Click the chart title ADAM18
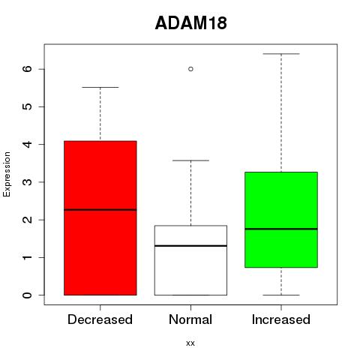pyautogui.click(x=191, y=23)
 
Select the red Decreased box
pyautogui.click(x=100, y=218)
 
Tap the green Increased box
pyautogui.click(x=281, y=220)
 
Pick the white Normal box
pyautogui.click(x=190, y=260)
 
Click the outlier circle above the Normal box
pyautogui.click(x=190, y=69)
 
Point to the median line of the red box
pyautogui.click(x=100, y=210)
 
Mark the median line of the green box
pyautogui.click(x=281, y=229)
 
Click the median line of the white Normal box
pyautogui.click(x=190, y=246)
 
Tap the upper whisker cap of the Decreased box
pyautogui.click(x=100, y=87)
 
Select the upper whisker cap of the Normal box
pyautogui.click(x=190, y=160)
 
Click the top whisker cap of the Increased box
pyautogui.click(x=281, y=54)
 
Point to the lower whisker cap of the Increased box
pyautogui.click(x=281, y=295)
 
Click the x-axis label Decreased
pyautogui.click(x=100, y=319)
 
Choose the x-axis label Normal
pyautogui.click(x=190, y=319)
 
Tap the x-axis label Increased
pyautogui.click(x=281, y=319)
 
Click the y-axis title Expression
pyautogui.click(x=7, y=174)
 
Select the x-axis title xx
pyautogui.click(x=190, y=343)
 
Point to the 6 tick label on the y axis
pyautogui.click(x=28, y=69)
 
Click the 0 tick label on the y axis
pyautogui.click(x=28, y=295)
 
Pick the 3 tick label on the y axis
pyautogui.click(x=28, y=182)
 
